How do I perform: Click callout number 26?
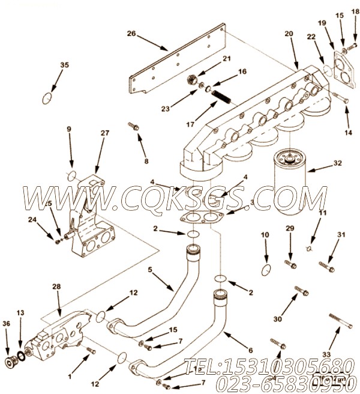pos(131,34)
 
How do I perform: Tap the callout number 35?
pos(64,65)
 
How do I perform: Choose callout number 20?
pos(289,34)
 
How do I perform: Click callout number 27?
pos(104,133)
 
